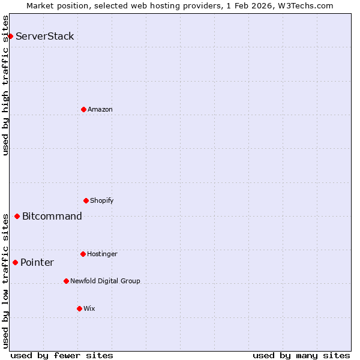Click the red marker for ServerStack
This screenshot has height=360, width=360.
tap(10, 36)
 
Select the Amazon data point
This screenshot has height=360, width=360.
tap(83, 109)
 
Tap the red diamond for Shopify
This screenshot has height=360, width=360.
tap(86, 200)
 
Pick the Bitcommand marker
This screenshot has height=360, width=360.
tap(17, 216)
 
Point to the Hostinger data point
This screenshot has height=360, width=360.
tap(83, 254)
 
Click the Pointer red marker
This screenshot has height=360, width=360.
tap(15, 262)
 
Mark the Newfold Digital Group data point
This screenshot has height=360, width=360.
tap(66, 281)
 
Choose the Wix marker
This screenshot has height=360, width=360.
tap(79, 308)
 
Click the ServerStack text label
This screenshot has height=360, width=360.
tap(45, 36)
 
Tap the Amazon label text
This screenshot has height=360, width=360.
tap(100, 109)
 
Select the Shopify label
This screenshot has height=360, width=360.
tap(102, 200)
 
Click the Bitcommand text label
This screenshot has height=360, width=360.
tap(52, 217)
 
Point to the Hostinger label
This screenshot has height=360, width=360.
tap(102, 254)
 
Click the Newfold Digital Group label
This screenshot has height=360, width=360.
tap(105, 281)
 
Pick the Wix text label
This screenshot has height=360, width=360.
tap(89, 308)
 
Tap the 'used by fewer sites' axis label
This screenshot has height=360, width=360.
tap(62, 355)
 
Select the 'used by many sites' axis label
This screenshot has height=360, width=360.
tap(301, 355)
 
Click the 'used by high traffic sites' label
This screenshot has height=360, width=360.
tap(5, 85)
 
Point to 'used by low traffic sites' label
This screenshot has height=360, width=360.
tap(5, 280)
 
